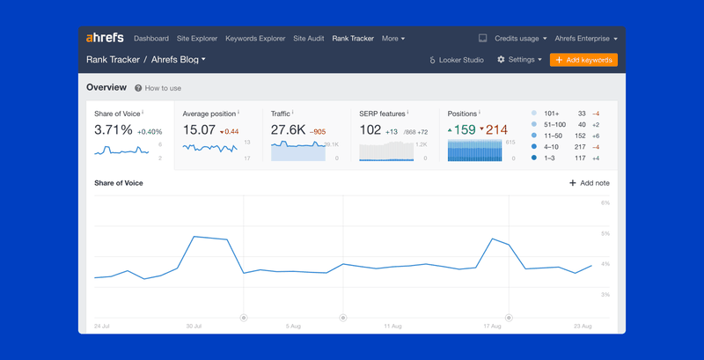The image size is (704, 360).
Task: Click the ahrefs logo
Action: click(x=105, y=39)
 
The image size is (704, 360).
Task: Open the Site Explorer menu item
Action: click(x=197, y=39)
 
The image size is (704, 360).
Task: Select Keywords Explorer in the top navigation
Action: click(x=255, y=39)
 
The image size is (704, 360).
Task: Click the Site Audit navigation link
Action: click(x=308, y=39)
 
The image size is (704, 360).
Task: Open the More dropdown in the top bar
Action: click(x=393, y=39)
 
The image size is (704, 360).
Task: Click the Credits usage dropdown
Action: click(x=520, y=39)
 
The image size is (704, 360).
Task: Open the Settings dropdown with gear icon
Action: click(x=519, y=60)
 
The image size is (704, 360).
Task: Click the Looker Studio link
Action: click(x=457, y=60)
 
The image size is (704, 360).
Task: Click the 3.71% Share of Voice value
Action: click(x=114, y=130)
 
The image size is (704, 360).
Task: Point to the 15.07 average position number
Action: click(x=199, y=130)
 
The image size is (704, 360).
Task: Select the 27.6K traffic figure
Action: click(x=288, y=130)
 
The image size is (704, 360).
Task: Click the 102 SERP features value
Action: click(x=370, y=130)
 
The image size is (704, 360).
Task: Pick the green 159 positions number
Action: click(x=465, y=130)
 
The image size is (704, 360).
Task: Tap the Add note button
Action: click(x=590, y=183)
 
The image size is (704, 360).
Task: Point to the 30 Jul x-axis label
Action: click(x=194, y=326)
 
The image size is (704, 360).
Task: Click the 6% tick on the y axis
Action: click(x=605, y=202)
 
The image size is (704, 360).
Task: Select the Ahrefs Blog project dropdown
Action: click(x=179, y=60)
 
